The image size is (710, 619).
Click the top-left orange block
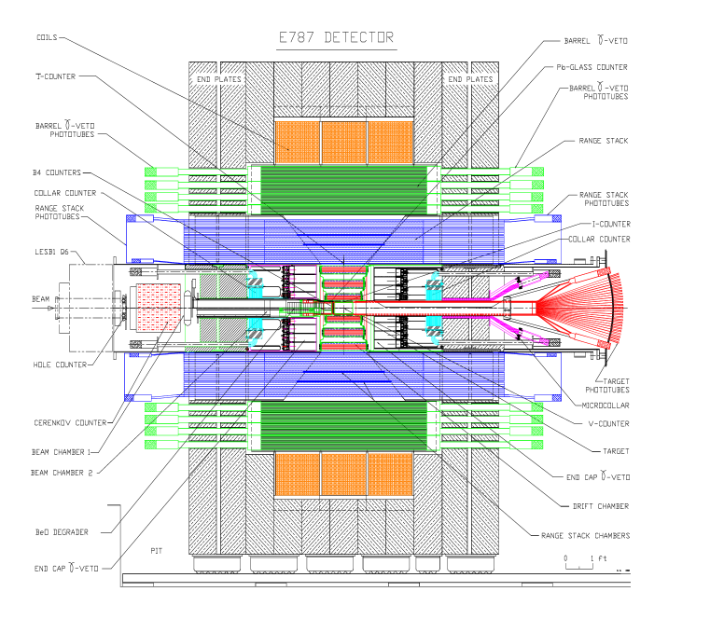point(298,142)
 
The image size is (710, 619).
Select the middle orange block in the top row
point(343,142)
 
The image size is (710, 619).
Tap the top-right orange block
point(390,142)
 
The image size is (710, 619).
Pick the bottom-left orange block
point(298,474)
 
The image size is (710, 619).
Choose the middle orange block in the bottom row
point(343,474)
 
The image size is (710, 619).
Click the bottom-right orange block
point(390,474)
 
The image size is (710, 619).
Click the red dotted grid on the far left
point(159,308)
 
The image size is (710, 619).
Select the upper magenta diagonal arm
point(518,284)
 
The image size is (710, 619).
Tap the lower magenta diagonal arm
point(518,331)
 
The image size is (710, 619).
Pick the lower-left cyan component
point(254,329)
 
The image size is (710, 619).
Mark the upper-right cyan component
point(433,287)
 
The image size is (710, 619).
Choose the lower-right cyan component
point(433,327)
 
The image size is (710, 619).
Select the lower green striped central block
point(343,426)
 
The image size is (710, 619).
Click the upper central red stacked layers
point(343,281)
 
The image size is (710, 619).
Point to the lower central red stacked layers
point(343,334)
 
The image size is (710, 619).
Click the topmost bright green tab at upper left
point(151,172)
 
